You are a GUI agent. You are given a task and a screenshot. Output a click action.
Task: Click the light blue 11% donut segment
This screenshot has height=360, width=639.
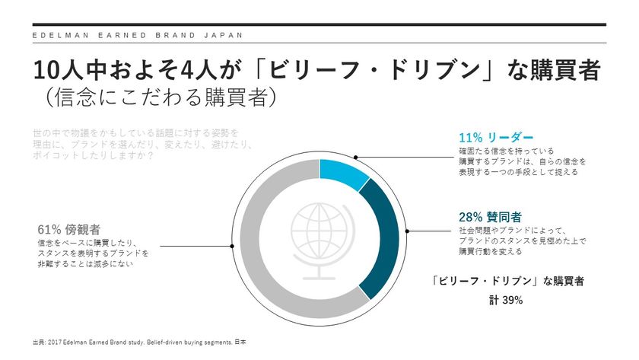[344, 173]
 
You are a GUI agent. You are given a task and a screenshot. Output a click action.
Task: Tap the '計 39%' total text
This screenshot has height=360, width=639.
[505, 300]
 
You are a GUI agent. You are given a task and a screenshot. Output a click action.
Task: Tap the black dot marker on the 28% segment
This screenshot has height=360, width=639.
[408, 231]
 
